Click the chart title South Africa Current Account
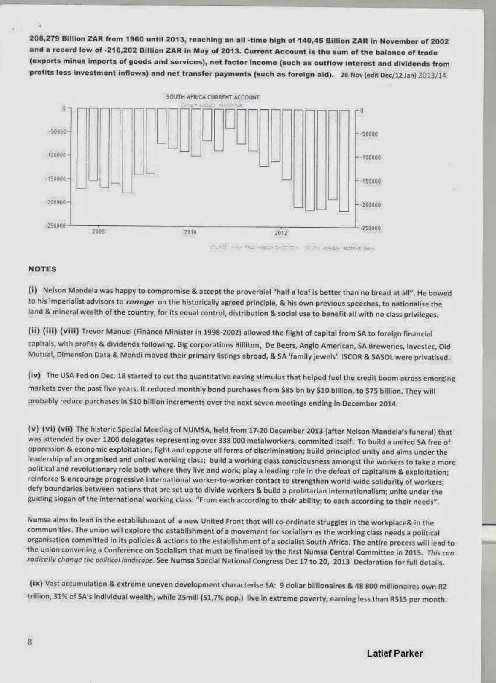click(213, 97)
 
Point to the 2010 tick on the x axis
click(190, 233)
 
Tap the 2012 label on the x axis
click(280, 233)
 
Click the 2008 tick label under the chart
click(99, 231)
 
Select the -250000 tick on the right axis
click(370, 229)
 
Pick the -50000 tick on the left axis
click(56, 131)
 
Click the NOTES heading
click(42, 269)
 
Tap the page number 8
click(30, 642)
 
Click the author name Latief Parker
click(395, 654)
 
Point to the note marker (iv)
click(34, 376)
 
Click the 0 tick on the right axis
click(362, 111)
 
